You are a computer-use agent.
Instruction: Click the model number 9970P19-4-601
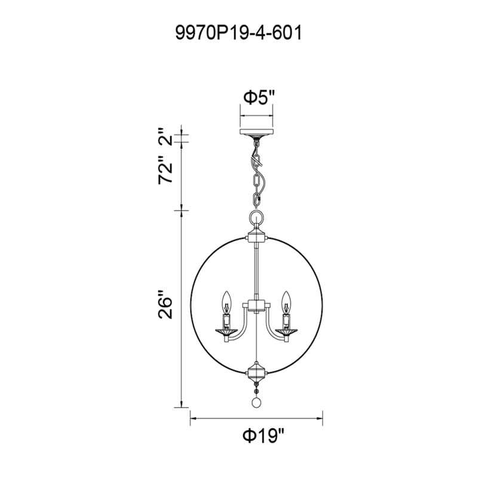point(238,33)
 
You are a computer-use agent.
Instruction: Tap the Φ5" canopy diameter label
point(259,98)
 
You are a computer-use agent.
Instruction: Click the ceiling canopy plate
point(257,132)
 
